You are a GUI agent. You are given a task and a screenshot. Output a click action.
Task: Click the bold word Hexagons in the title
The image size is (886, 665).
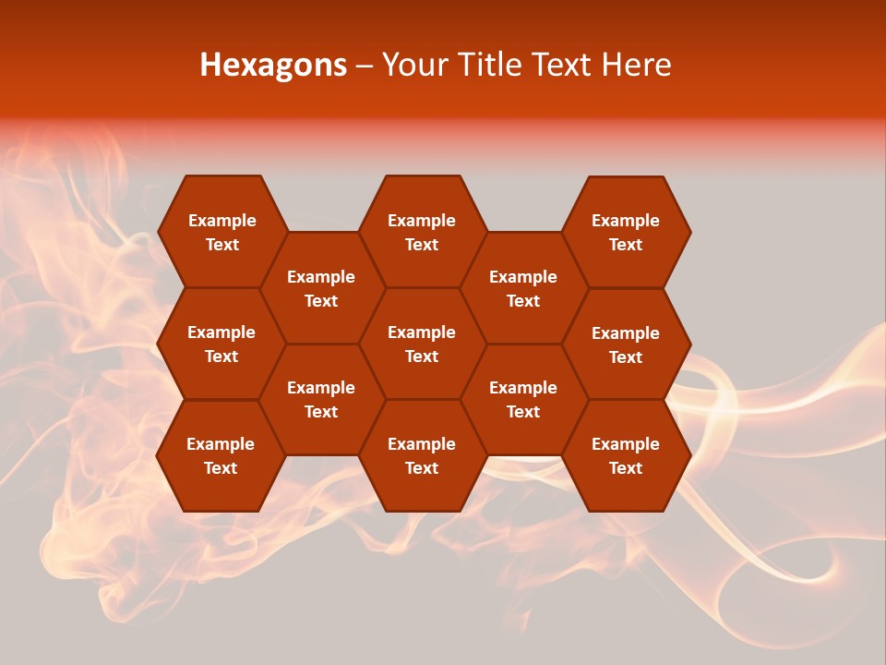(273, 65)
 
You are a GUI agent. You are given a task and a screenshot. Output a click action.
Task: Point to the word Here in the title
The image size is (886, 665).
(636, 65)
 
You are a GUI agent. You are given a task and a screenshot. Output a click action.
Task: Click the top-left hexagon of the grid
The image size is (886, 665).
(221, 232)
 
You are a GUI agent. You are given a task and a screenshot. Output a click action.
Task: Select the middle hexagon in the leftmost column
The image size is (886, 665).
(221, 344)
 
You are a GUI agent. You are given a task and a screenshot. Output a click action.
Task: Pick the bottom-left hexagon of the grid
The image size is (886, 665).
(221, 455)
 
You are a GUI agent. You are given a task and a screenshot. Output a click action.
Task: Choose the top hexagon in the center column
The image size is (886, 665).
(422, 232)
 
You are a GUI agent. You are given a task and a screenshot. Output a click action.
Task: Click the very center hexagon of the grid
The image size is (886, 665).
(422, 344)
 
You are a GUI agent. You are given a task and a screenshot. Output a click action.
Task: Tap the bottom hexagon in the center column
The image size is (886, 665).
(422, 455)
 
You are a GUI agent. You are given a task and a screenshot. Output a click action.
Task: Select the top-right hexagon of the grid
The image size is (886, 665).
(626, 232)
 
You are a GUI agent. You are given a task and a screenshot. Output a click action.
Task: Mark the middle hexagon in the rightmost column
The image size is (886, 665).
(626, 345)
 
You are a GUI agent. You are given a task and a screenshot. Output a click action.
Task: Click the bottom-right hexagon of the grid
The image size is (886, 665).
(626, 455)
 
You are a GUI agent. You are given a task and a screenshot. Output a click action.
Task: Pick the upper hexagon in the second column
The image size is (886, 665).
(321, 288)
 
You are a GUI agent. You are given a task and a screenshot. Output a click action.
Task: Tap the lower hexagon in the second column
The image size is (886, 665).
(321, 399)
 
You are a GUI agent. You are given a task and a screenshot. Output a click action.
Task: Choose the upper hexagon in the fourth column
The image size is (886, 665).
(523, 288)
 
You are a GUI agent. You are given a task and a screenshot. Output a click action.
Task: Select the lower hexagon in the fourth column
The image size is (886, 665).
(523, 399)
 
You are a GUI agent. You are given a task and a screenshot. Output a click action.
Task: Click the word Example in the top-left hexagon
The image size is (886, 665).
(221, 221)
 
